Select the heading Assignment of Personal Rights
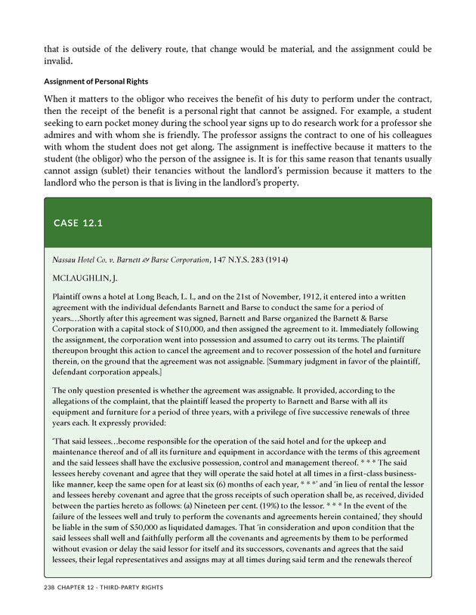96,81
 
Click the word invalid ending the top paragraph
58,63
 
